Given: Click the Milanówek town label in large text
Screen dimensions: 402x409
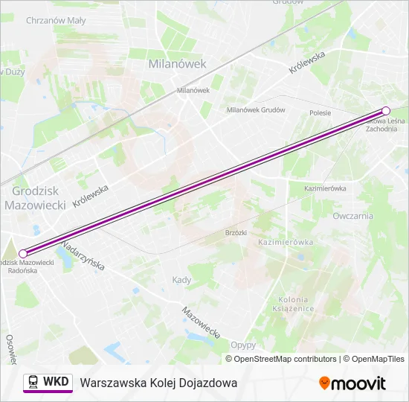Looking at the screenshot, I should [177, 64].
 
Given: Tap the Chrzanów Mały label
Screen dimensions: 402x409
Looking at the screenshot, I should [55, 21].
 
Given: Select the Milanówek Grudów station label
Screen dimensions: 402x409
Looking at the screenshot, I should [256, 109].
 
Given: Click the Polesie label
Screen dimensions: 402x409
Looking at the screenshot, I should [320, 112].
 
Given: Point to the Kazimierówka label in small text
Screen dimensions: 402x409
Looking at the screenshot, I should [325, 188].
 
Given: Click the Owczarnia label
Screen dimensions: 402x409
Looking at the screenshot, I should [353, 216].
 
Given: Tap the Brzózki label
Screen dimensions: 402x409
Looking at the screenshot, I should [235, 232].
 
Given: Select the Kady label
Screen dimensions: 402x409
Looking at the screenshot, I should [181, 280].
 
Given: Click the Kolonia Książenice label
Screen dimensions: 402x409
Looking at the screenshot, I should [293, 303].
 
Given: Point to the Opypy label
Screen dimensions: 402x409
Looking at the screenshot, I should [243, 345].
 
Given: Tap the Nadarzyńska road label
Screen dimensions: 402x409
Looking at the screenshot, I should [83, 255].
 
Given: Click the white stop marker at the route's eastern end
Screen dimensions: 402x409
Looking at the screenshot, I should [386, 111].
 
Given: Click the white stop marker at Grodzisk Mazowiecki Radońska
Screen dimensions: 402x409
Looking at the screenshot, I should [22, 254].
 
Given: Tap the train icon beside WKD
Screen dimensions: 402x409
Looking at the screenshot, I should [33, 382].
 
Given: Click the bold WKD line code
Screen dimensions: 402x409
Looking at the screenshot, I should [56, 382].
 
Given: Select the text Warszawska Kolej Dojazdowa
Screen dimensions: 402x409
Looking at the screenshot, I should [158, 383].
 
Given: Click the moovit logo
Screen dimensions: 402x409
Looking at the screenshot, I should [352, 383].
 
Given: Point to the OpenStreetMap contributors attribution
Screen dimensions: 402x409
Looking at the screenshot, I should [286, 359].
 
